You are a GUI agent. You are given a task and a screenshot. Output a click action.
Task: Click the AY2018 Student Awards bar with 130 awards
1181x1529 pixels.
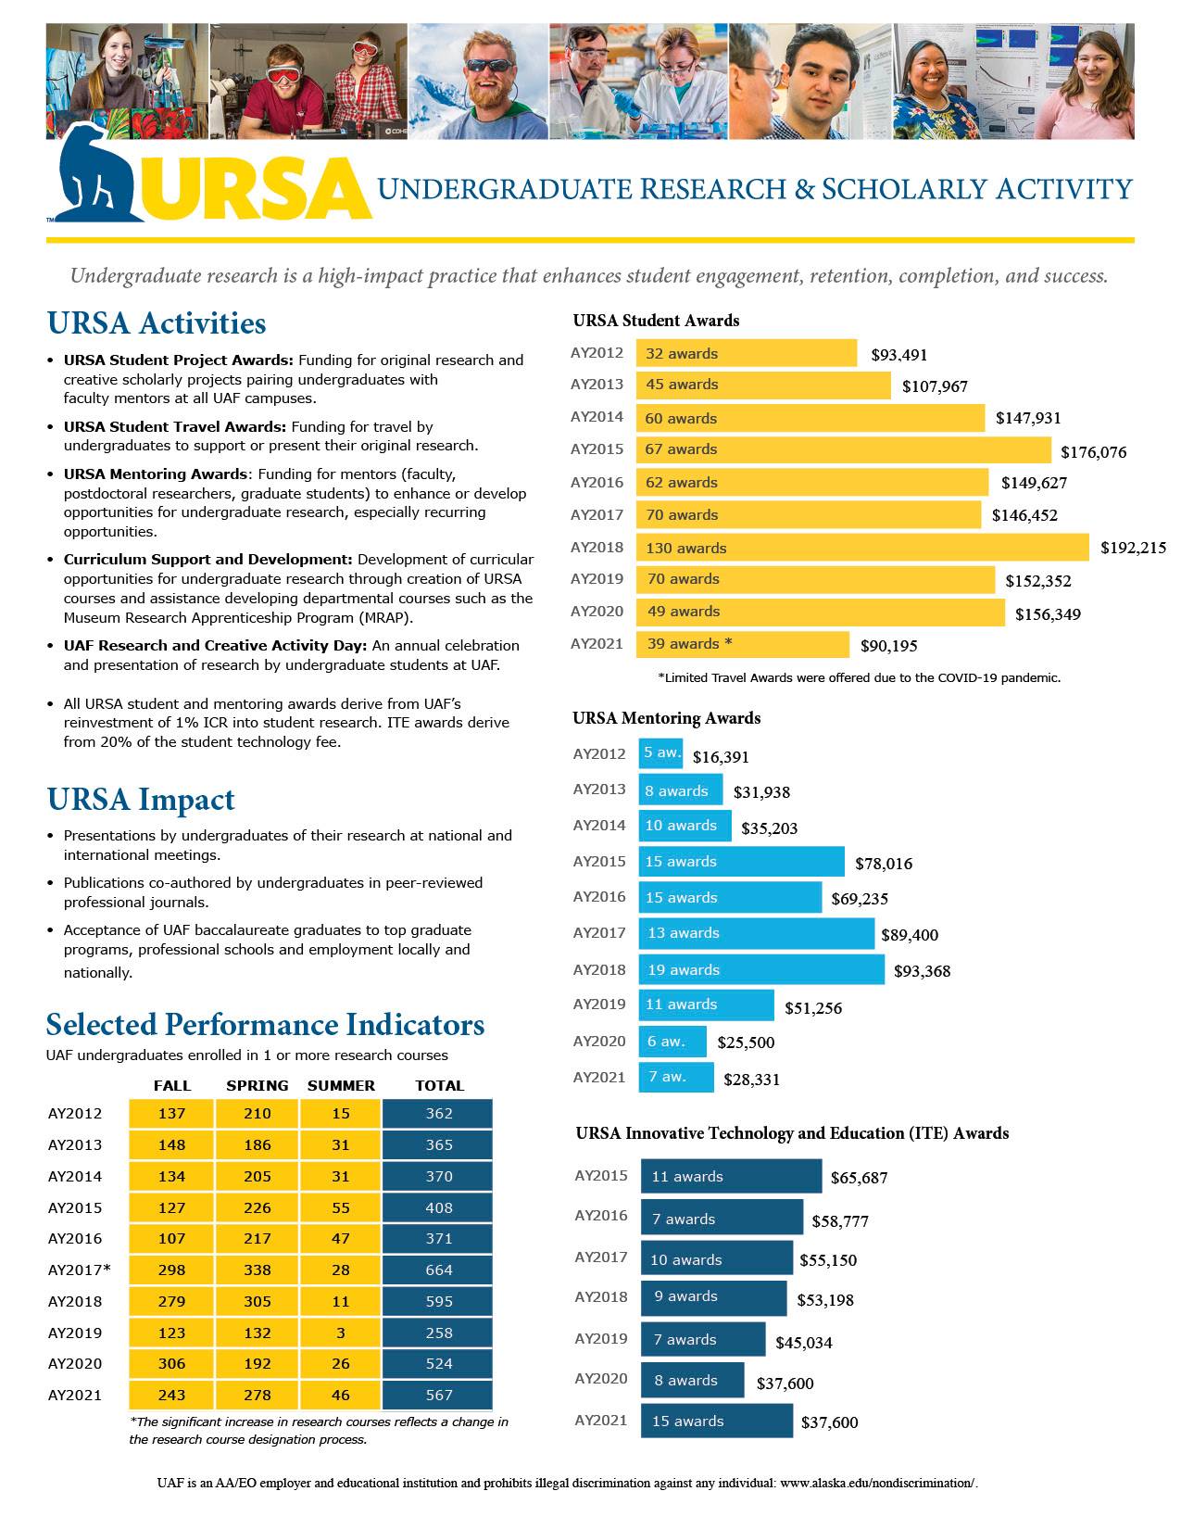tap(862, 548)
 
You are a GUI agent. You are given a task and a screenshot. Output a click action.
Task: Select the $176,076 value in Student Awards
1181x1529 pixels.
tap(1093, 452)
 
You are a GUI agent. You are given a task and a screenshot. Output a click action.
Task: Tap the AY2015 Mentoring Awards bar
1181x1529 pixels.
tap(741, 862)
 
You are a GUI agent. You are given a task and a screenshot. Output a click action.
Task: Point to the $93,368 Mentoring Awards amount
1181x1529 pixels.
tap(922, 971)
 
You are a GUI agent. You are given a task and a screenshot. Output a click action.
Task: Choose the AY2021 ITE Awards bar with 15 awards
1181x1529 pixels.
tap(716, 1421)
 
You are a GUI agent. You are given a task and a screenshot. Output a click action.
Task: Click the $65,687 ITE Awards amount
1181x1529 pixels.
tap(859, 1178)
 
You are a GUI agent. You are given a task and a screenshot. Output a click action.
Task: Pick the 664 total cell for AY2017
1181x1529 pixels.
tap(438, 1270)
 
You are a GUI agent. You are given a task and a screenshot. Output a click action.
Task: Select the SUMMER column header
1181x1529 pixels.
tap(341, 1085)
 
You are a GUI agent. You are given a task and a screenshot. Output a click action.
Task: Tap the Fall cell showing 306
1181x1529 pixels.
tap(171, 1363)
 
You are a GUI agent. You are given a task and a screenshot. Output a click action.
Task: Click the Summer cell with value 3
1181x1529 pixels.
tap(341, 1333)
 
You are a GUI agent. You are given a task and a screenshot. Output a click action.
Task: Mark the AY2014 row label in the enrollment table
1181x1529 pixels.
tap(75, 1176)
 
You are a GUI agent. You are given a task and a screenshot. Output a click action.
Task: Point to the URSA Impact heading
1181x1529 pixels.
tap(141, 799)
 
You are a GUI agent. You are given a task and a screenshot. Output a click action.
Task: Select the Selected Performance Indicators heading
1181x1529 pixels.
tap(265, 1024)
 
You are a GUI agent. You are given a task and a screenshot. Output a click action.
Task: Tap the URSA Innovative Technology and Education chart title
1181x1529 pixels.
tap(791, 1132)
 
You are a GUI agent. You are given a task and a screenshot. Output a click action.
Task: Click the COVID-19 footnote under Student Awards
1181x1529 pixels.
tap(859, 677)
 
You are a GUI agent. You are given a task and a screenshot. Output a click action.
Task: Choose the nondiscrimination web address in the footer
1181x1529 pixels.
tap(878, 1483)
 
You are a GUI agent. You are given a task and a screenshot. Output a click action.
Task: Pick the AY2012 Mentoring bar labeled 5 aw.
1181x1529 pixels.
tap(660, 753)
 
